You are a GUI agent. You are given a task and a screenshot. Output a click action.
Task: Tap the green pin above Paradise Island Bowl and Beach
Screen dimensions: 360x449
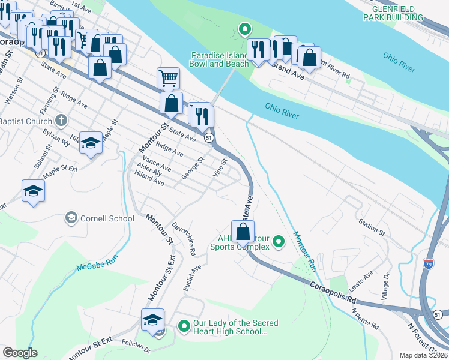[244, 29]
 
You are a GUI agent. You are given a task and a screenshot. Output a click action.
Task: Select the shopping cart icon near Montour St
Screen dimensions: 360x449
[168, 78]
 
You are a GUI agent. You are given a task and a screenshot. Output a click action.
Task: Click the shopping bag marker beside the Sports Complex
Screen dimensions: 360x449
[243, 232]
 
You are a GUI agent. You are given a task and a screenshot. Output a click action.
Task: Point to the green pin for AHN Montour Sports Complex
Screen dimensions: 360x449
[278, 242]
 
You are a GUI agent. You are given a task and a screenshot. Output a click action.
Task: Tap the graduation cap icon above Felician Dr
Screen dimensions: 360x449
[152, 319]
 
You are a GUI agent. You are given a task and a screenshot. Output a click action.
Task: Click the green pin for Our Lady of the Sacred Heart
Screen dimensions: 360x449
[184, 326]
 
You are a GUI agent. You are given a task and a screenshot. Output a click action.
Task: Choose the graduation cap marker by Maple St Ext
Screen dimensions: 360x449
[33, 191]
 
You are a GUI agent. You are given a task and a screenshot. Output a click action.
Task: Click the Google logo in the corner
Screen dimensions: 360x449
[20, 352]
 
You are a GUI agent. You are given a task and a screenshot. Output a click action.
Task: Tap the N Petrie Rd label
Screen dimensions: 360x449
[365, 319]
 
